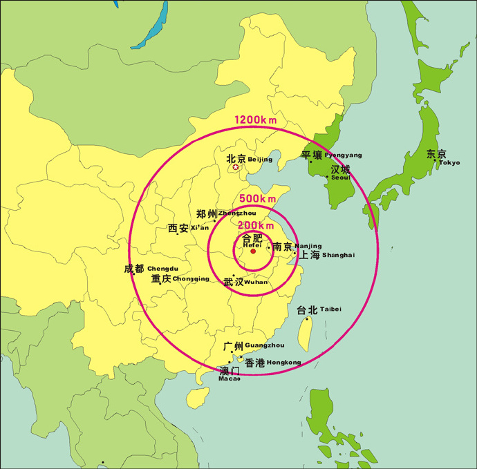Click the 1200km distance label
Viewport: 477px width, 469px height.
[255, 120]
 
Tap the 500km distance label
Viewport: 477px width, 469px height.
[257, 199]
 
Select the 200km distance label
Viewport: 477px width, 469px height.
[256, 224]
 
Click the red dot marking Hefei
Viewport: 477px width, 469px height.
[253, 251]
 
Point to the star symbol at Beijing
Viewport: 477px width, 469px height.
[236, 167]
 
